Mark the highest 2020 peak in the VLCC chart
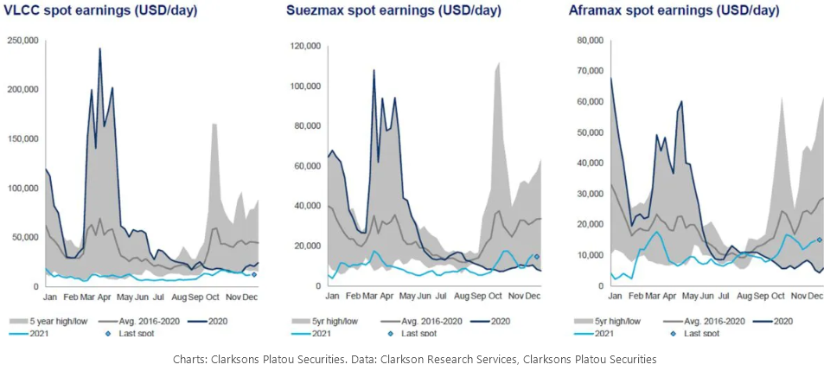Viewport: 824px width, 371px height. (x=99, y=49)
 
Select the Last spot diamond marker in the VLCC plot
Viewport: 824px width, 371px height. (x=253, y=274)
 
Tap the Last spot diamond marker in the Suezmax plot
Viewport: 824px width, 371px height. (x=536, y=257)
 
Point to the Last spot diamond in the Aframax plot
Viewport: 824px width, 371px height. (x=819, y=240)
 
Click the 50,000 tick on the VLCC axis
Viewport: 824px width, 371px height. (x=28, y=237)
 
